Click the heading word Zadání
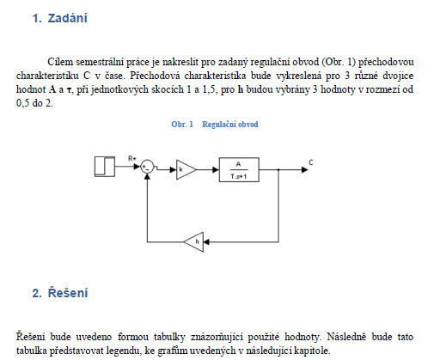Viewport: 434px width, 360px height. (67, 18)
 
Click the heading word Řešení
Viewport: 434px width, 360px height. (68, 293)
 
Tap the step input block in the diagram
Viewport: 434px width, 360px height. (105, 167)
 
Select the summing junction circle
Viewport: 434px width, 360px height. (147, 167)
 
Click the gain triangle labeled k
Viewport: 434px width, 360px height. (186, 169)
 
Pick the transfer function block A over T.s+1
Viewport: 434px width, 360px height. (239, 169)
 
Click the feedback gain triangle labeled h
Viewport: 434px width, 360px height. (193, 242)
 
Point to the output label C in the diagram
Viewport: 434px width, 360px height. (311, 162)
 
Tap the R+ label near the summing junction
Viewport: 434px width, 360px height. (132, 158)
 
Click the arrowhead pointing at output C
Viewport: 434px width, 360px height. (304, 170)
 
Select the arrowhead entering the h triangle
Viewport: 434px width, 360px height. (206, 242)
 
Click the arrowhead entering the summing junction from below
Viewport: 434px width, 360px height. (147, 176)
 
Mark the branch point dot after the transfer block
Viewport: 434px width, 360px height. (278, 170)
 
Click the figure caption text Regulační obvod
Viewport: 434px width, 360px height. (230, 125)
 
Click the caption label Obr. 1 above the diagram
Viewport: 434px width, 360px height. (182, 125)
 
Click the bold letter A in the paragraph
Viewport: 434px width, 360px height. (52, 89)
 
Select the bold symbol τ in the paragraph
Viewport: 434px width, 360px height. (69, 90)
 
